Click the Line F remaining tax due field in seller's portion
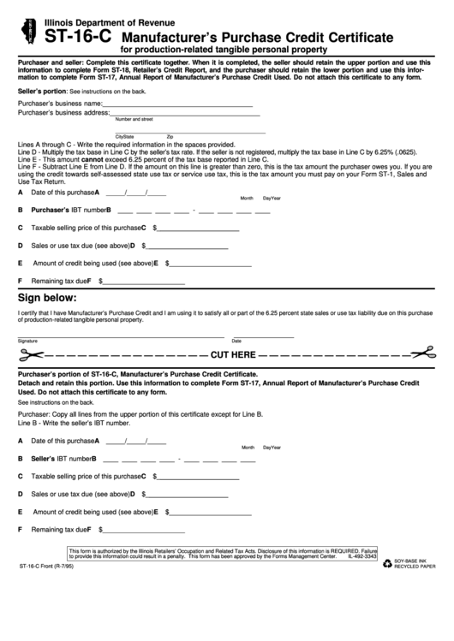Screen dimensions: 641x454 [144, 282]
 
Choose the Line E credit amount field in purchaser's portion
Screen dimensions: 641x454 [210, 513]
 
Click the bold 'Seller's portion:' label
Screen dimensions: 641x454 [42, 91]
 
